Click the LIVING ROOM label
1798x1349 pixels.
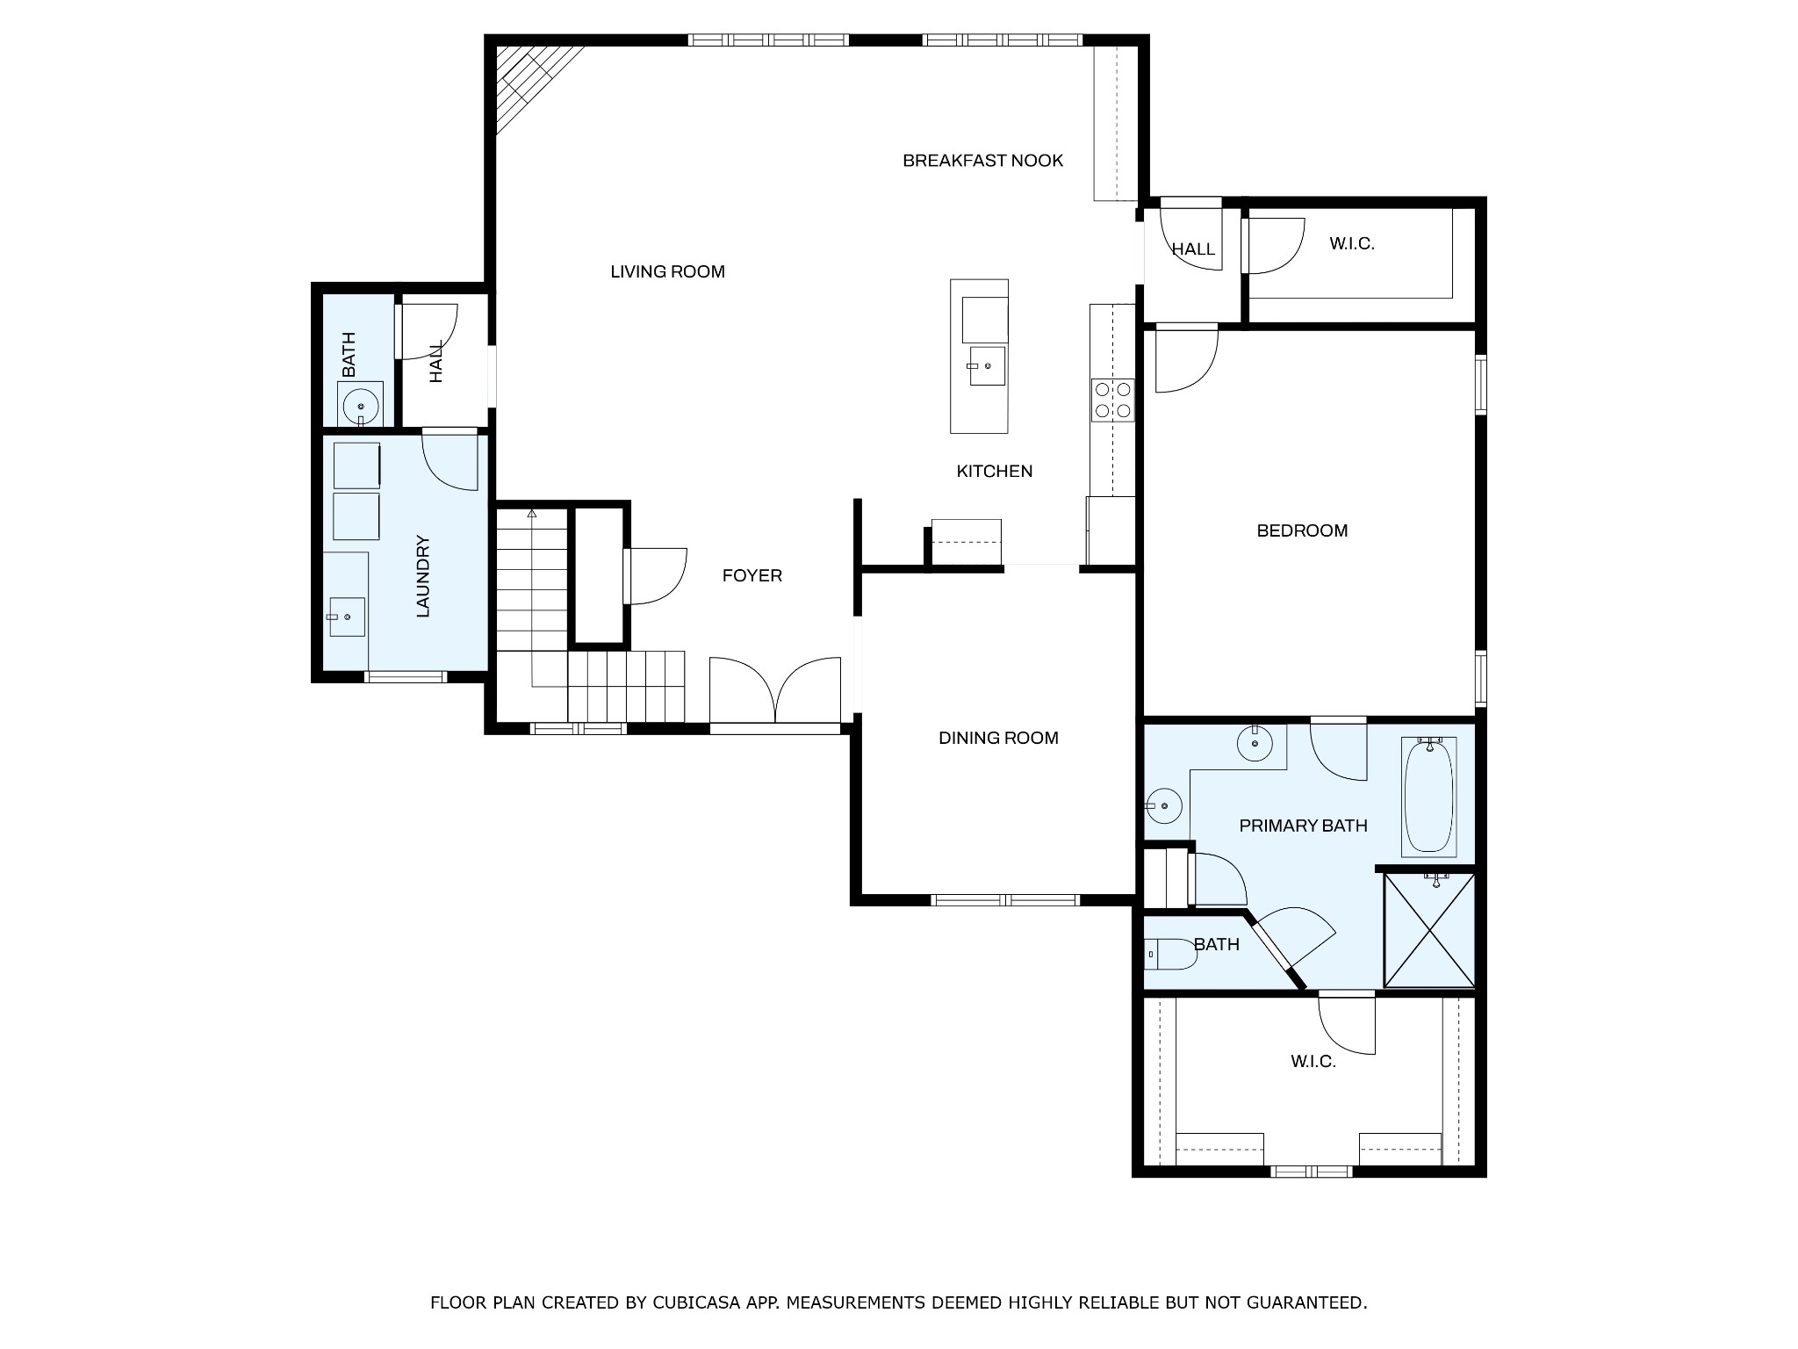point(667,272)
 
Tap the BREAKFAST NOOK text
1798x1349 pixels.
point(982,161)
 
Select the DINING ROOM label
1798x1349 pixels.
point(998,739)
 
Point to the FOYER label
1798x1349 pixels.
point(752,576)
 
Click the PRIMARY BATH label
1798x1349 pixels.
point(1303,826)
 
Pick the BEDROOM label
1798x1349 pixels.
point(1302,530)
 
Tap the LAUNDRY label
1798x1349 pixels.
point(423,576)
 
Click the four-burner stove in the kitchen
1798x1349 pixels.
point(1112,400)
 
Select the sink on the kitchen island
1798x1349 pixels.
point(987,365)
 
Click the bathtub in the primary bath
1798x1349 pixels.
point(1429,796)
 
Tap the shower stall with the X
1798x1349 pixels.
point(1428,929)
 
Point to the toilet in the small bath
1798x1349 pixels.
point(1170,954)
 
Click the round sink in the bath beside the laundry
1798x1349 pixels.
point(360,407)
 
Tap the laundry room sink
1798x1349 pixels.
point(346,616)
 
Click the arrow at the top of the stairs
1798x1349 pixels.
point(532,513)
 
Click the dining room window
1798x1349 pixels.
point(1005,899)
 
